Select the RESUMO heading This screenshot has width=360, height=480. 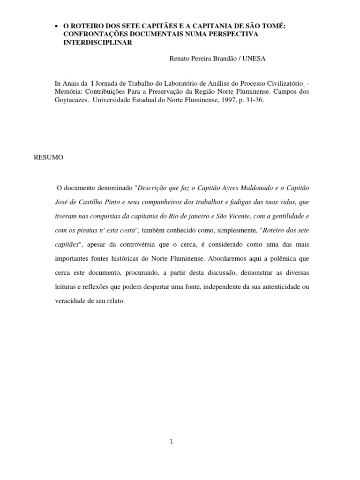coord(48,157)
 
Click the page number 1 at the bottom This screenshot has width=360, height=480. coord(171,441)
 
